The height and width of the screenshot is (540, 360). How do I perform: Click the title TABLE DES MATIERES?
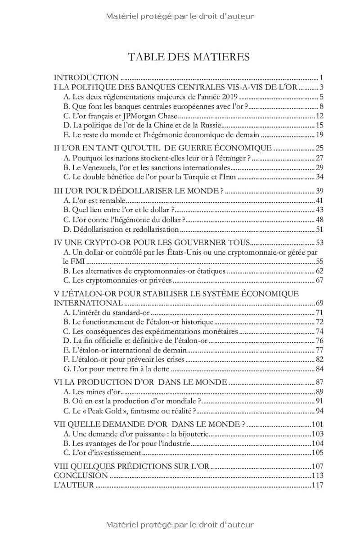pos(189,57)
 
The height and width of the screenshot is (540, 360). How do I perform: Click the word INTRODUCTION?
pos(86,77)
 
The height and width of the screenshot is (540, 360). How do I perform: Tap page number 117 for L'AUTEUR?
pos(318,485)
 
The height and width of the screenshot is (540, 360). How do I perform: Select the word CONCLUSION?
pos(81,476)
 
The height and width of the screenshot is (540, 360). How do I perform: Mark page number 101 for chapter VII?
pos(318,424)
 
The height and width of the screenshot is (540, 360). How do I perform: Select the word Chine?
pos(165,125)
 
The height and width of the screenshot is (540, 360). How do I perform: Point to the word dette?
pos(161,369)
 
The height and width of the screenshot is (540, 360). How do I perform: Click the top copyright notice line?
pos(180,16)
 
